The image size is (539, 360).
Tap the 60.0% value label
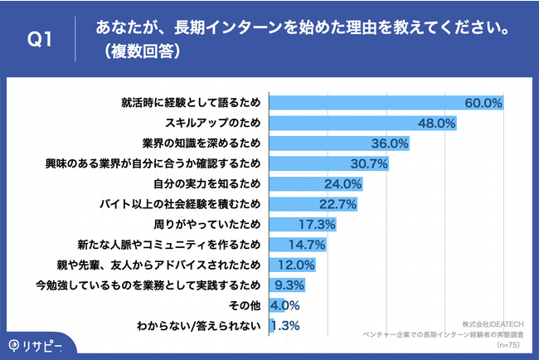[x=484, y=104]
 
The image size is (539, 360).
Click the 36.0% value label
[x=390, y=144]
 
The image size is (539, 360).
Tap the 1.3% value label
[x=286, y=325]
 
